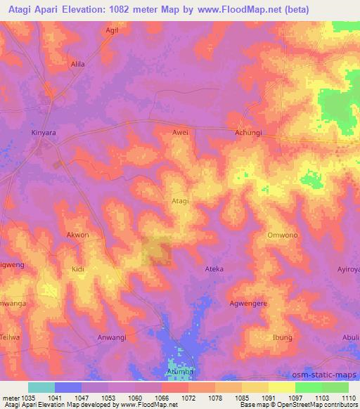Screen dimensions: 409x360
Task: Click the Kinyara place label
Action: tap(42, 131)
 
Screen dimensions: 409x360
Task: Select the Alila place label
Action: tap(77, 64)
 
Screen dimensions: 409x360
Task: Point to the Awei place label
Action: tap(181, 132)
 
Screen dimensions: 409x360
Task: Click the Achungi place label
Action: tap(248, 132)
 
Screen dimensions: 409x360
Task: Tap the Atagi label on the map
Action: tap(180, 201)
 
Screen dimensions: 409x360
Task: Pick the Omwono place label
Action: tap(283, 235)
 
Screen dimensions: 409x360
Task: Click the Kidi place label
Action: tap(77, 269)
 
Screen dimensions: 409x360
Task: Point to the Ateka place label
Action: tap(214, 269)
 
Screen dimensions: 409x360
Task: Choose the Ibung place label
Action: tap(283, 338)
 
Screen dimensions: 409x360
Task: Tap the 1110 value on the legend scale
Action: tap(347, 398)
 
